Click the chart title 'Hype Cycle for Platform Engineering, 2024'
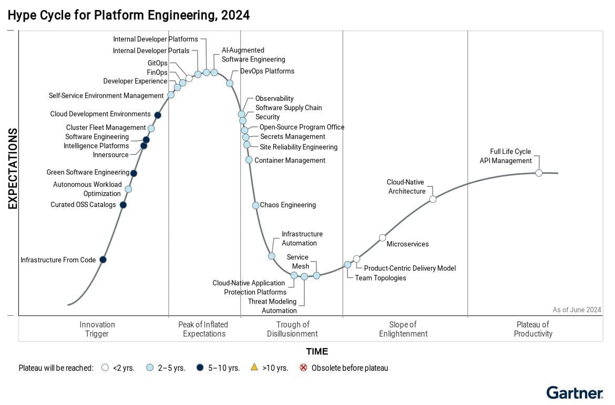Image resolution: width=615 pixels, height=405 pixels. (129, 15)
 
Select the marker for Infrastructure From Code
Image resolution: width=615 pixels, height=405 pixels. (103, 259)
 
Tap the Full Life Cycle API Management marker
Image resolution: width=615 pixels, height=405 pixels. (539, 173)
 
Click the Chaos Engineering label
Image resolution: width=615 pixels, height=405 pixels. (288, 205)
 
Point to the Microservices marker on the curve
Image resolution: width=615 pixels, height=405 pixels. (383, 237)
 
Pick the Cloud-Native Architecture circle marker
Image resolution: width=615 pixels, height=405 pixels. (433, 199)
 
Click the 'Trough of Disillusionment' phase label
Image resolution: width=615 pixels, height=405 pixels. (292, 329)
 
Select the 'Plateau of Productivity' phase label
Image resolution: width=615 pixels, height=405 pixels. (533, 329)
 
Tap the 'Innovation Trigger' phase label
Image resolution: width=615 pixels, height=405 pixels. (97, 329)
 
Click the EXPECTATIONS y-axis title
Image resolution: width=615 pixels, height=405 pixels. (13, 169)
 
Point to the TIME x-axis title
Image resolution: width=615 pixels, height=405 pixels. (317, 351)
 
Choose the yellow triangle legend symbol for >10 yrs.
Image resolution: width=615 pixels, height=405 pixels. (254, 368)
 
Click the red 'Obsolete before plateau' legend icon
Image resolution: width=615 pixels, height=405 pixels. (303, 368)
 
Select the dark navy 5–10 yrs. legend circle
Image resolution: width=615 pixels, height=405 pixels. (200, 368)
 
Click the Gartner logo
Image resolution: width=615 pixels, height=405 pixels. (575, 392)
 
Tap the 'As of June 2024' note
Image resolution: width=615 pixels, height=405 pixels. (577, 310)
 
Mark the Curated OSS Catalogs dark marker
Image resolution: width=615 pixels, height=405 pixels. (123, 205)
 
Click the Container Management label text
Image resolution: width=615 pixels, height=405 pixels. (290, 160)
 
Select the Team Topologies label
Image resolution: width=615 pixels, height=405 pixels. (381, 278)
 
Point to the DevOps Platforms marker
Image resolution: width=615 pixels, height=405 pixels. (230, 83)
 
